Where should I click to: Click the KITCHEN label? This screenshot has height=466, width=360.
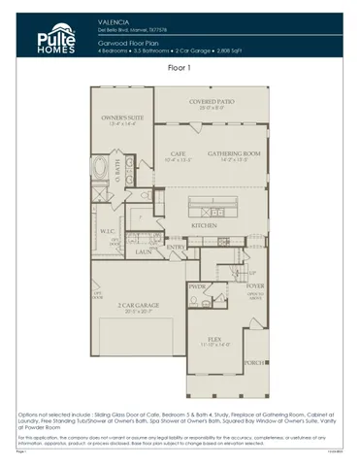203,224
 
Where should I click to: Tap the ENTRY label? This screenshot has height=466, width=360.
176,247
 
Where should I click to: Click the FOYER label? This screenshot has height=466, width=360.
254,287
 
